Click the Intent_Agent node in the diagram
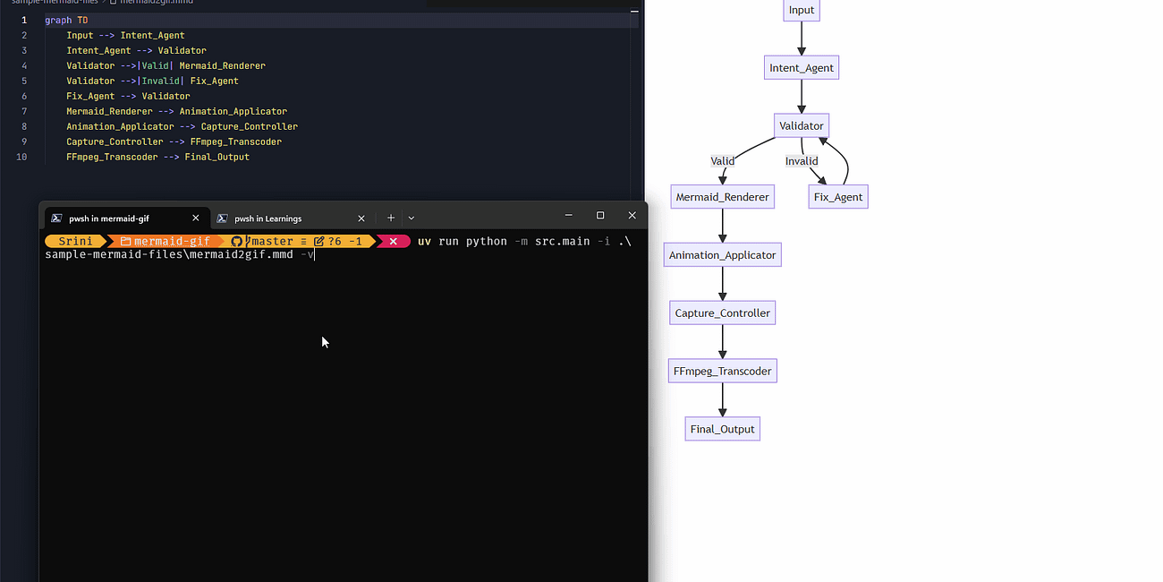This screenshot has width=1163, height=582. [x=801, y=67]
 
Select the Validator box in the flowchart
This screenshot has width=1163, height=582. [x=801, y=125]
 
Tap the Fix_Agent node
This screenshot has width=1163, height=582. [x=838, y=197]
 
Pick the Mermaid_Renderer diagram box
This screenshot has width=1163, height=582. [x=722, y=197]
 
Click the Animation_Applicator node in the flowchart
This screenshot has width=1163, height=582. [x=722, y=255]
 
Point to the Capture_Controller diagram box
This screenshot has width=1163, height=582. [x=722, y=312]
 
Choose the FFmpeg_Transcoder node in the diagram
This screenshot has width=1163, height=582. [x=722, y=371]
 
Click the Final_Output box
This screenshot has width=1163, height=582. [x=722, y=429]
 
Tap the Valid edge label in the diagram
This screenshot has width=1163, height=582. [x=722, y=161]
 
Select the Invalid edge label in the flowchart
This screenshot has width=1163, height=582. [x=801, y=161]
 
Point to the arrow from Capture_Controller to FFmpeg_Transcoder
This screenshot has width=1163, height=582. [x=722, y=342]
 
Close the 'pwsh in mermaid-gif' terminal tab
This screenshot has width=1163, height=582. [x=196, y=218]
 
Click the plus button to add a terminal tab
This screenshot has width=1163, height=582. [x=391, y=218]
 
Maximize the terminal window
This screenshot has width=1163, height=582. [x=600, y=215]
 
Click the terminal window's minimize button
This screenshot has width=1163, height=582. [x=568, y=215]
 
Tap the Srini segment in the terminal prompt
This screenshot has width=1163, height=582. [x=75, y=241]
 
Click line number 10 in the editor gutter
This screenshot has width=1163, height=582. [x=21, y=157]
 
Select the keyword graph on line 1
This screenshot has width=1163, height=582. [x=58, y=21]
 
